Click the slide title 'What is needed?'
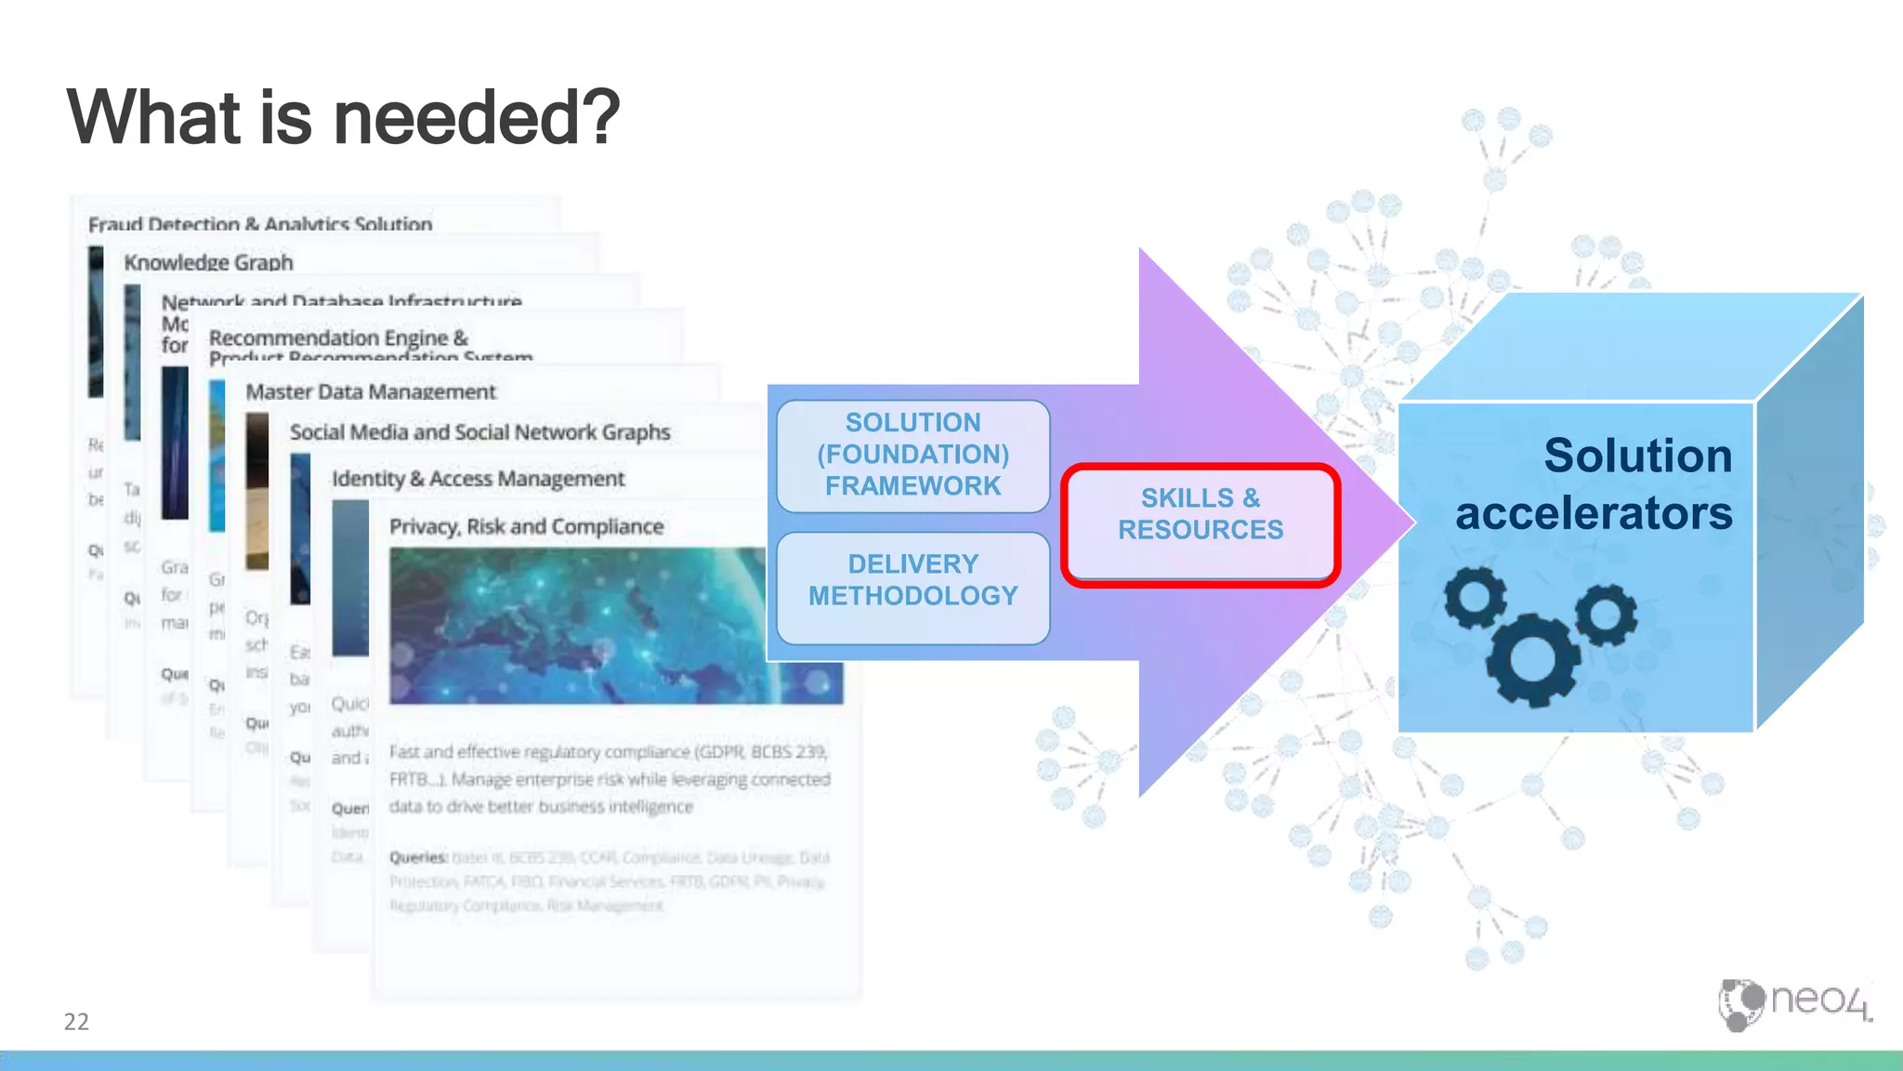coord(343,118)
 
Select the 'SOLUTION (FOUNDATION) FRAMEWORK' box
coord(912,455)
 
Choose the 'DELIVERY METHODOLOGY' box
coord(912,580)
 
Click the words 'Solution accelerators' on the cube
coord(1594,483)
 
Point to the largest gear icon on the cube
coord(1533,659)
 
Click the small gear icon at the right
coord(1606,615)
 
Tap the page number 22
coord(76,1022)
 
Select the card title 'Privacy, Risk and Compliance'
coord(526,527)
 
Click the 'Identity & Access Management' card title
coord(478,479)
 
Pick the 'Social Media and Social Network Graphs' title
coord(479,432)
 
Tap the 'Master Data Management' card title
coord(371,392)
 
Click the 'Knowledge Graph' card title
coord(208,263)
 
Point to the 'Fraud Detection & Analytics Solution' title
coord(260,224)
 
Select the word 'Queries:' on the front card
coord(418,857)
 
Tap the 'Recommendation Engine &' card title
coord(338,338)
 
